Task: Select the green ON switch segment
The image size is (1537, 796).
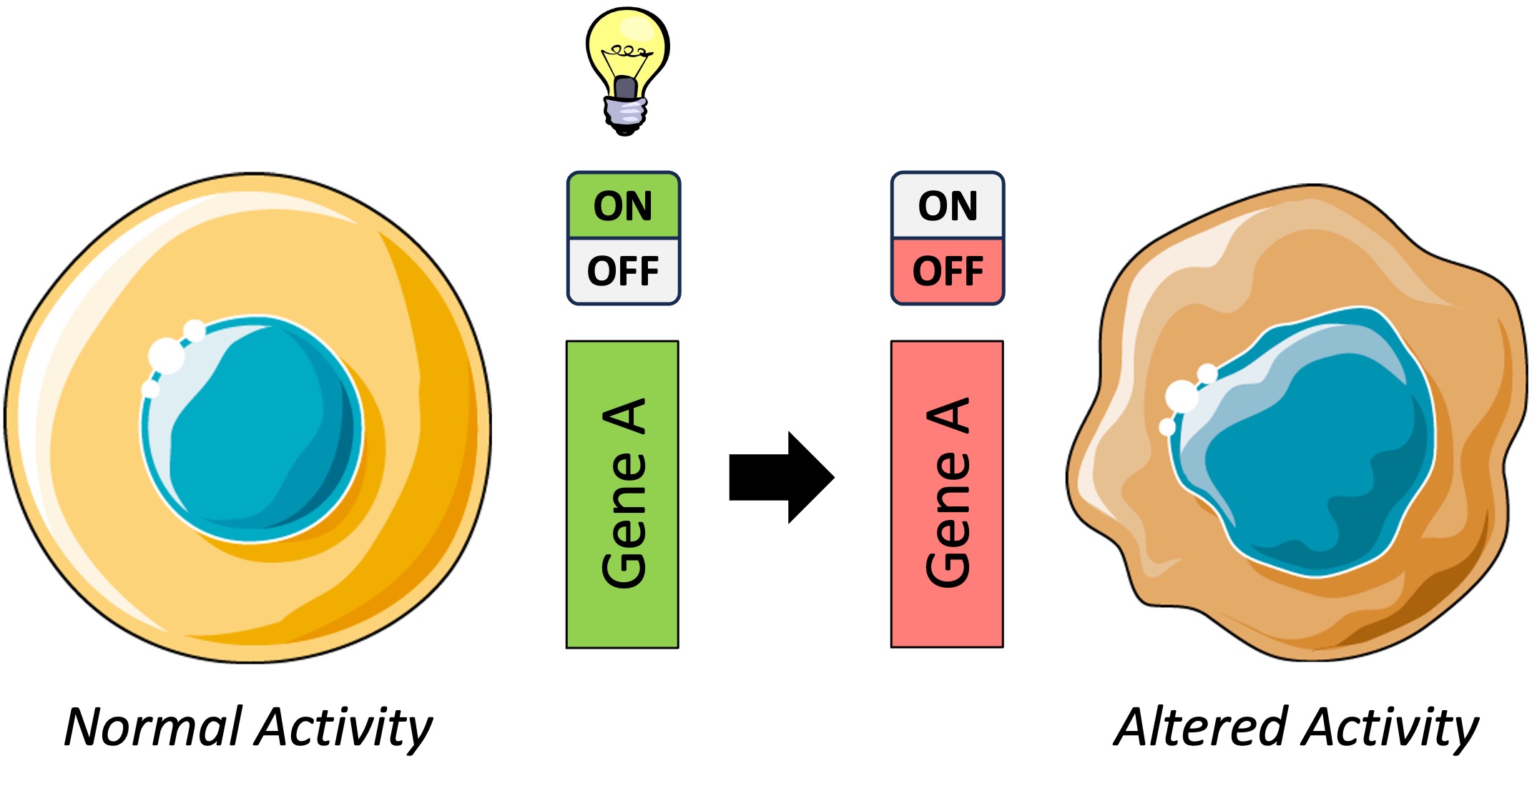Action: [x=623, y=206]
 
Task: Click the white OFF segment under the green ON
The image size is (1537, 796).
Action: [x=623, y=272]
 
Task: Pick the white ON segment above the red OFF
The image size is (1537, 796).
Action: [x=947, y=206]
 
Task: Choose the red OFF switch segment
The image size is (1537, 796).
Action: [x=947, y=272]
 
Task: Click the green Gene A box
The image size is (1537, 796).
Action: [x=622, y=493]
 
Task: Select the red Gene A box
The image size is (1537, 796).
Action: [x=946, y=493]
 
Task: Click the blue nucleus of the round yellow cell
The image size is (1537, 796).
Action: [x=257, y=429]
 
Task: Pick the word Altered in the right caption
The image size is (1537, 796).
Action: [x=1202, y=727]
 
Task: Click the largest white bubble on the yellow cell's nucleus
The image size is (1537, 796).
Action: [x=166, y=355]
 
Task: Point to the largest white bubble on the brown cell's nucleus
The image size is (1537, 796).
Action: [x=1182, y=396]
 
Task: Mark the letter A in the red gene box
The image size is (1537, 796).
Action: [x=949, y=417]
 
